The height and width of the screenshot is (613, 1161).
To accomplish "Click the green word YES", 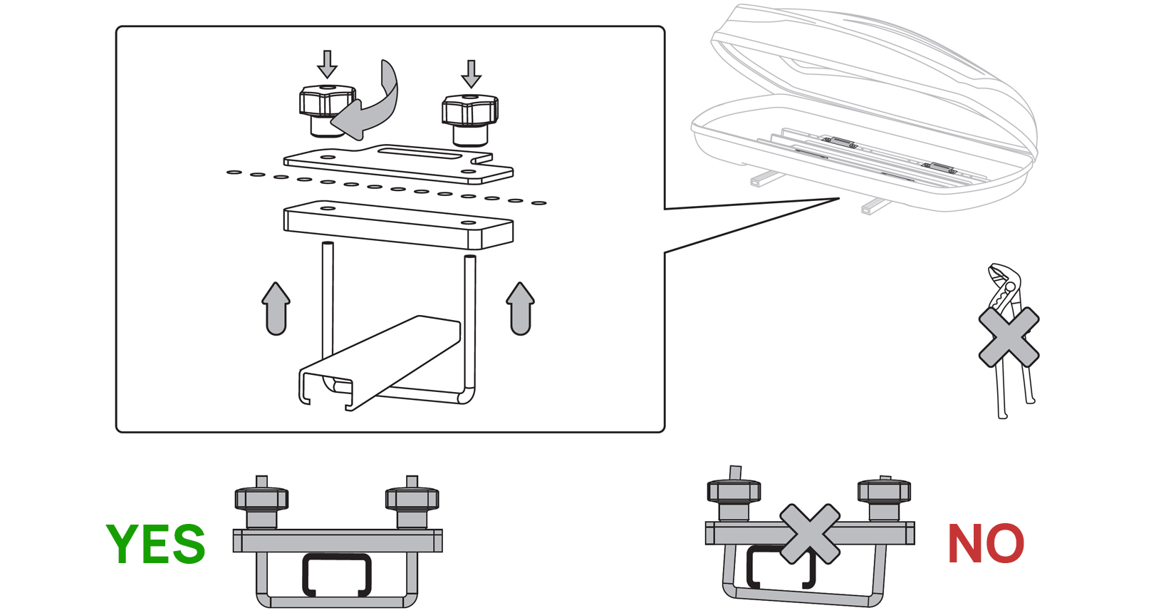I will [156, 544].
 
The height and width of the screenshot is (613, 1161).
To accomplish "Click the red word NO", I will [985, 544].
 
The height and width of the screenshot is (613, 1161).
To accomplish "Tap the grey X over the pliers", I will [1009, 336].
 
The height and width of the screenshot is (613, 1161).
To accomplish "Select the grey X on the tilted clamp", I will [809, 534].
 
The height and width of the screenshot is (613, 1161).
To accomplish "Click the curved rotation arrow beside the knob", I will [374, 103].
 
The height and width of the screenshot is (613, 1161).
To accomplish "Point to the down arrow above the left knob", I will [327, 64].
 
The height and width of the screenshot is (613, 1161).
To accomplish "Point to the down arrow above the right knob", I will [471, 73].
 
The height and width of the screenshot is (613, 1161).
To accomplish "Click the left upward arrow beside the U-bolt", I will [276, 308].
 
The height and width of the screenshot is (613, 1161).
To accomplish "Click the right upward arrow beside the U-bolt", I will [521, 308].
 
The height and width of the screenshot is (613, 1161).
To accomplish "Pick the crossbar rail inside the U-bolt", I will [378, 364].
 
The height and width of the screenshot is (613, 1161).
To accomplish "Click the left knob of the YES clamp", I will [261, 503].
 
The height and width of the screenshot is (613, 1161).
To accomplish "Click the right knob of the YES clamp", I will [412, 503].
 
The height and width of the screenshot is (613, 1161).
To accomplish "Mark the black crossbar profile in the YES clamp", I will [337, 574].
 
